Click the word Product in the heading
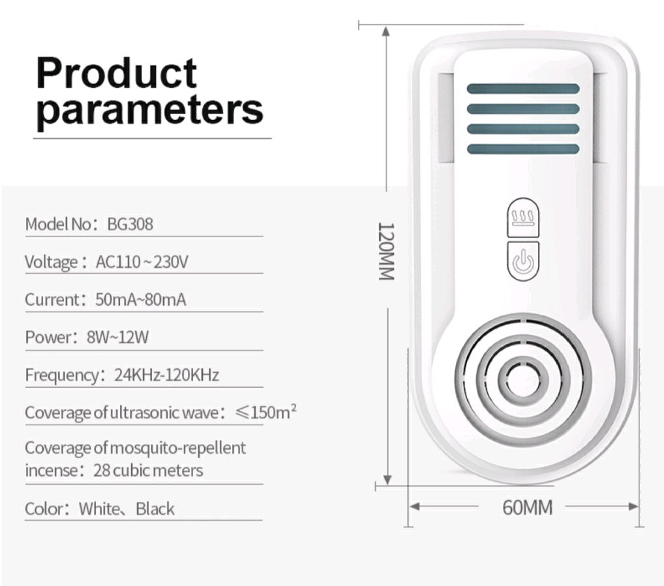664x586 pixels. [x=116, y=73]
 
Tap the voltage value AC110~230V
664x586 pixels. [x=142, y=262]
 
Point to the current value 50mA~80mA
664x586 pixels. [x=140, y=300]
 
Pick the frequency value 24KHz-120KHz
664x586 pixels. [x=166, y=375]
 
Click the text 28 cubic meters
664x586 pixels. [x=149, y=470]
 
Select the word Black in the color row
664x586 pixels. [x=155, y=508]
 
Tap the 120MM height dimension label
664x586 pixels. [x=387, y=251]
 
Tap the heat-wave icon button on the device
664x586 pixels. [x=522, y=218]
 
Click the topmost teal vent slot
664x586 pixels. [x=522, y=89]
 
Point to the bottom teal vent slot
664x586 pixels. [x=522, y=149]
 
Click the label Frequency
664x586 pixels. [x=61, y=375]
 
